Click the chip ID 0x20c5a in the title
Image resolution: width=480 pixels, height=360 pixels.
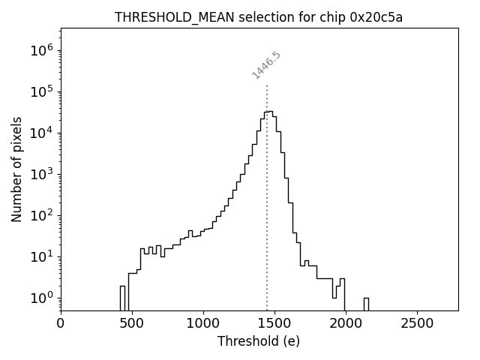[x=376, y=18]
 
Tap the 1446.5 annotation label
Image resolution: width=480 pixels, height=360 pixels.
[x=266, y=65]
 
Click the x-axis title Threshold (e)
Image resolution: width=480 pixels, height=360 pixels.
[x=259, y=341]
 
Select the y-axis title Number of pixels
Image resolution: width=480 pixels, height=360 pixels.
[x=17, y=169]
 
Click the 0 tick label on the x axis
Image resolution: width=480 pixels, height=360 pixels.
[x=61, y=323]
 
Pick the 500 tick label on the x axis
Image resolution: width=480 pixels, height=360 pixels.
[x=132, y=323]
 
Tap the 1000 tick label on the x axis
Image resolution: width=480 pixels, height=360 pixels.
[x=203, y=323]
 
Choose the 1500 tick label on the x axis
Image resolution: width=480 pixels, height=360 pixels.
[x=274, y=323]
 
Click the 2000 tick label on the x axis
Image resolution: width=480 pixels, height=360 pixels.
[x=346, y=323]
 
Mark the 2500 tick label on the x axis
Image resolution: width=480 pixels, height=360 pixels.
[x=417, y=323]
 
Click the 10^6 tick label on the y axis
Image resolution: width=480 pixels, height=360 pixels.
[x=42, y=51]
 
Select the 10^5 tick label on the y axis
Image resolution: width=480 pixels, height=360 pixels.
[x=42, y=92]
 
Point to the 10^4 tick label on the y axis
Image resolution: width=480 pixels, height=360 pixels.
[x=42, y=133]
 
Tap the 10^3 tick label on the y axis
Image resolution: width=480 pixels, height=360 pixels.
[x=42, y=175]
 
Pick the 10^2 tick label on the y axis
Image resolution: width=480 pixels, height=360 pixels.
[x=42, y=216]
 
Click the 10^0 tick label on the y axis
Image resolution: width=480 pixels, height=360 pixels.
[x=42, y=298]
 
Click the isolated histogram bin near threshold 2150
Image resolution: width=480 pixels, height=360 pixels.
[x=366, y=304]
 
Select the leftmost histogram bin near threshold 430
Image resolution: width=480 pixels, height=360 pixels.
[x=122, y=298]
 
